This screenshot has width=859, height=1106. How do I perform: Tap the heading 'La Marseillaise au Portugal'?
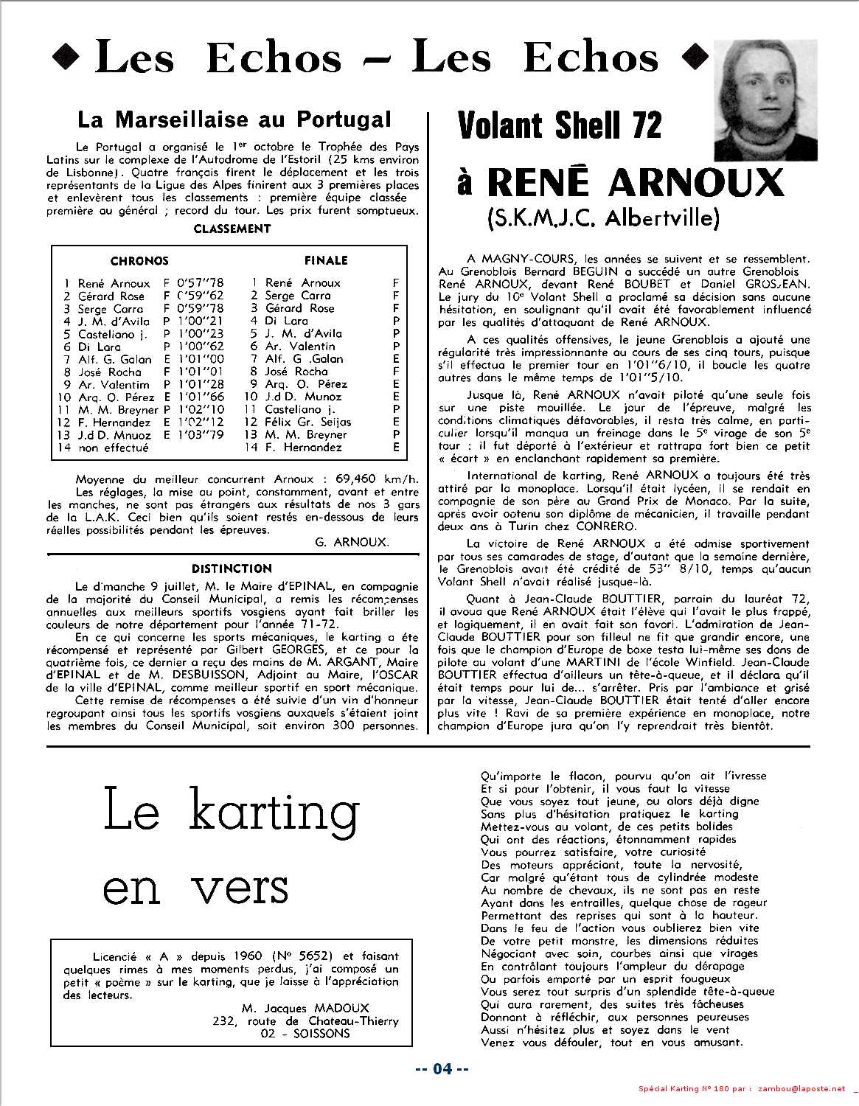234,119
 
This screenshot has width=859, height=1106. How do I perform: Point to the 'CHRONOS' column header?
139,261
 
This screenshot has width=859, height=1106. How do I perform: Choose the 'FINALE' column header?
325,260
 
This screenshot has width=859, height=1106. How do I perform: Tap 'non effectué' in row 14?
113,448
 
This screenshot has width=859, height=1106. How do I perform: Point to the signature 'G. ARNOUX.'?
351,542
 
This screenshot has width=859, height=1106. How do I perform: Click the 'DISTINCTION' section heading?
232,568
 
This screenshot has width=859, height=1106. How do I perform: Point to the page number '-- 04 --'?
441,1068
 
